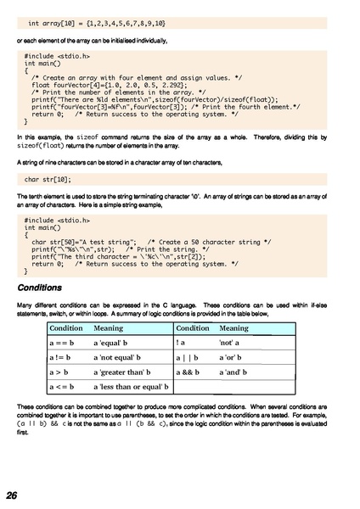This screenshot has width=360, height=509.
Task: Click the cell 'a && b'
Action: [188, 372]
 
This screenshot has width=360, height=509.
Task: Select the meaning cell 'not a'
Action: [231, 344]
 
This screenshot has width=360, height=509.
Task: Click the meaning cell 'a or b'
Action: [232, 358]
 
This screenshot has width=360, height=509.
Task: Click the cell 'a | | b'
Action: [187, 358]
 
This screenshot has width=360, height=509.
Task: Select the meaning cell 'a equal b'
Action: [110, 344]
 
